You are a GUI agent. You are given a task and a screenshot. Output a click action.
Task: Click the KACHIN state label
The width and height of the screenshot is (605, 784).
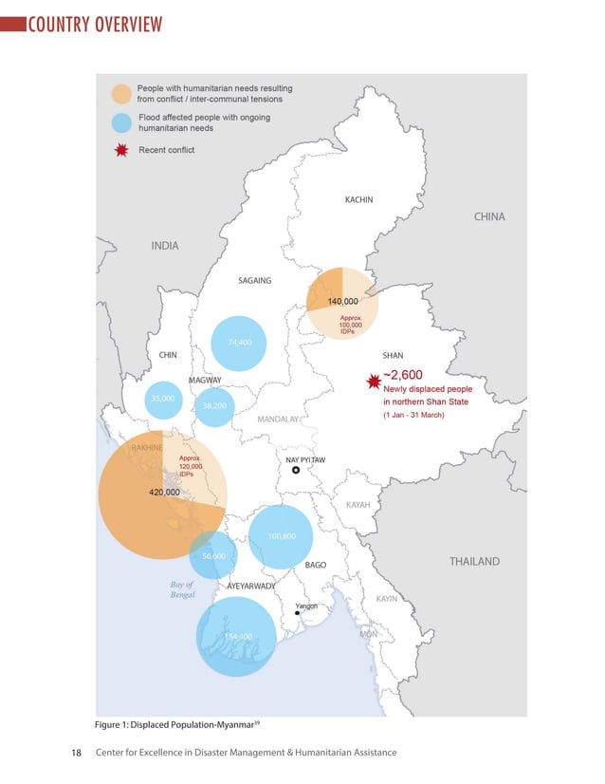(x=358, y=200)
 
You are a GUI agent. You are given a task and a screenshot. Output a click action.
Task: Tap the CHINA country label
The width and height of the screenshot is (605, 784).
(x=489, y=216)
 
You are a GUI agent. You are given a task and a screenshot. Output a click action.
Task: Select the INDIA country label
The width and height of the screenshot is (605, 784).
(x=165, y=246)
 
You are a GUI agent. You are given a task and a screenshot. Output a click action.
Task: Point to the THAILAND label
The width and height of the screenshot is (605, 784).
(x=474, y=562)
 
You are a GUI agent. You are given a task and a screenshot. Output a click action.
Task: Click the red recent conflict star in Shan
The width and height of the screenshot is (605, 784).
(x=373, y=382)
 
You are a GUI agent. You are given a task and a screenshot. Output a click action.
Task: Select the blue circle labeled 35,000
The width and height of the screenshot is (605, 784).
(x=163, y=400)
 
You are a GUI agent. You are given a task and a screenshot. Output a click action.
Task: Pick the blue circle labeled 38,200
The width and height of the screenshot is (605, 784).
(x=214, y=406)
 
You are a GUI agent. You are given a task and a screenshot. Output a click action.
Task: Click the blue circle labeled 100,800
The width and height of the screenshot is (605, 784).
(x=282, y=536)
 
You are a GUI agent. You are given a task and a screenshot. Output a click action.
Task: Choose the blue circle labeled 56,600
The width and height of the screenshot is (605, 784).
(x=213, y=555)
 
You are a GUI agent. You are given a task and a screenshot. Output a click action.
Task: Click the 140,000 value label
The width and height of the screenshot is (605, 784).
(x=343, y=301)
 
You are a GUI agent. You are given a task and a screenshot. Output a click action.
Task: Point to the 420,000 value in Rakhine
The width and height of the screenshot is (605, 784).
(x=165, y=493)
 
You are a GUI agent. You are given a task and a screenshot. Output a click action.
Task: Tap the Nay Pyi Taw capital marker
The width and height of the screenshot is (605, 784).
(x=296, y=470)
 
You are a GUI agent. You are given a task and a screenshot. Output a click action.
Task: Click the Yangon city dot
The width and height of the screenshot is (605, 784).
(x=297, y=614)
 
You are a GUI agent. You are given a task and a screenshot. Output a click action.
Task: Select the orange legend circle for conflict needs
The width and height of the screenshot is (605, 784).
(x=120, y=93)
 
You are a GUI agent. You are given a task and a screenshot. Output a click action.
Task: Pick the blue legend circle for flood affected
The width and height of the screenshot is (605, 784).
(x=120, y=122)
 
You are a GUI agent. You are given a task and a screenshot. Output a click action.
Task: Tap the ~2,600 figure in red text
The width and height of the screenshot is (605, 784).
(x=403, y=375)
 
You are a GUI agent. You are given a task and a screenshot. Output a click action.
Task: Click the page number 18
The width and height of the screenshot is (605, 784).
(x=78, y=753)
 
